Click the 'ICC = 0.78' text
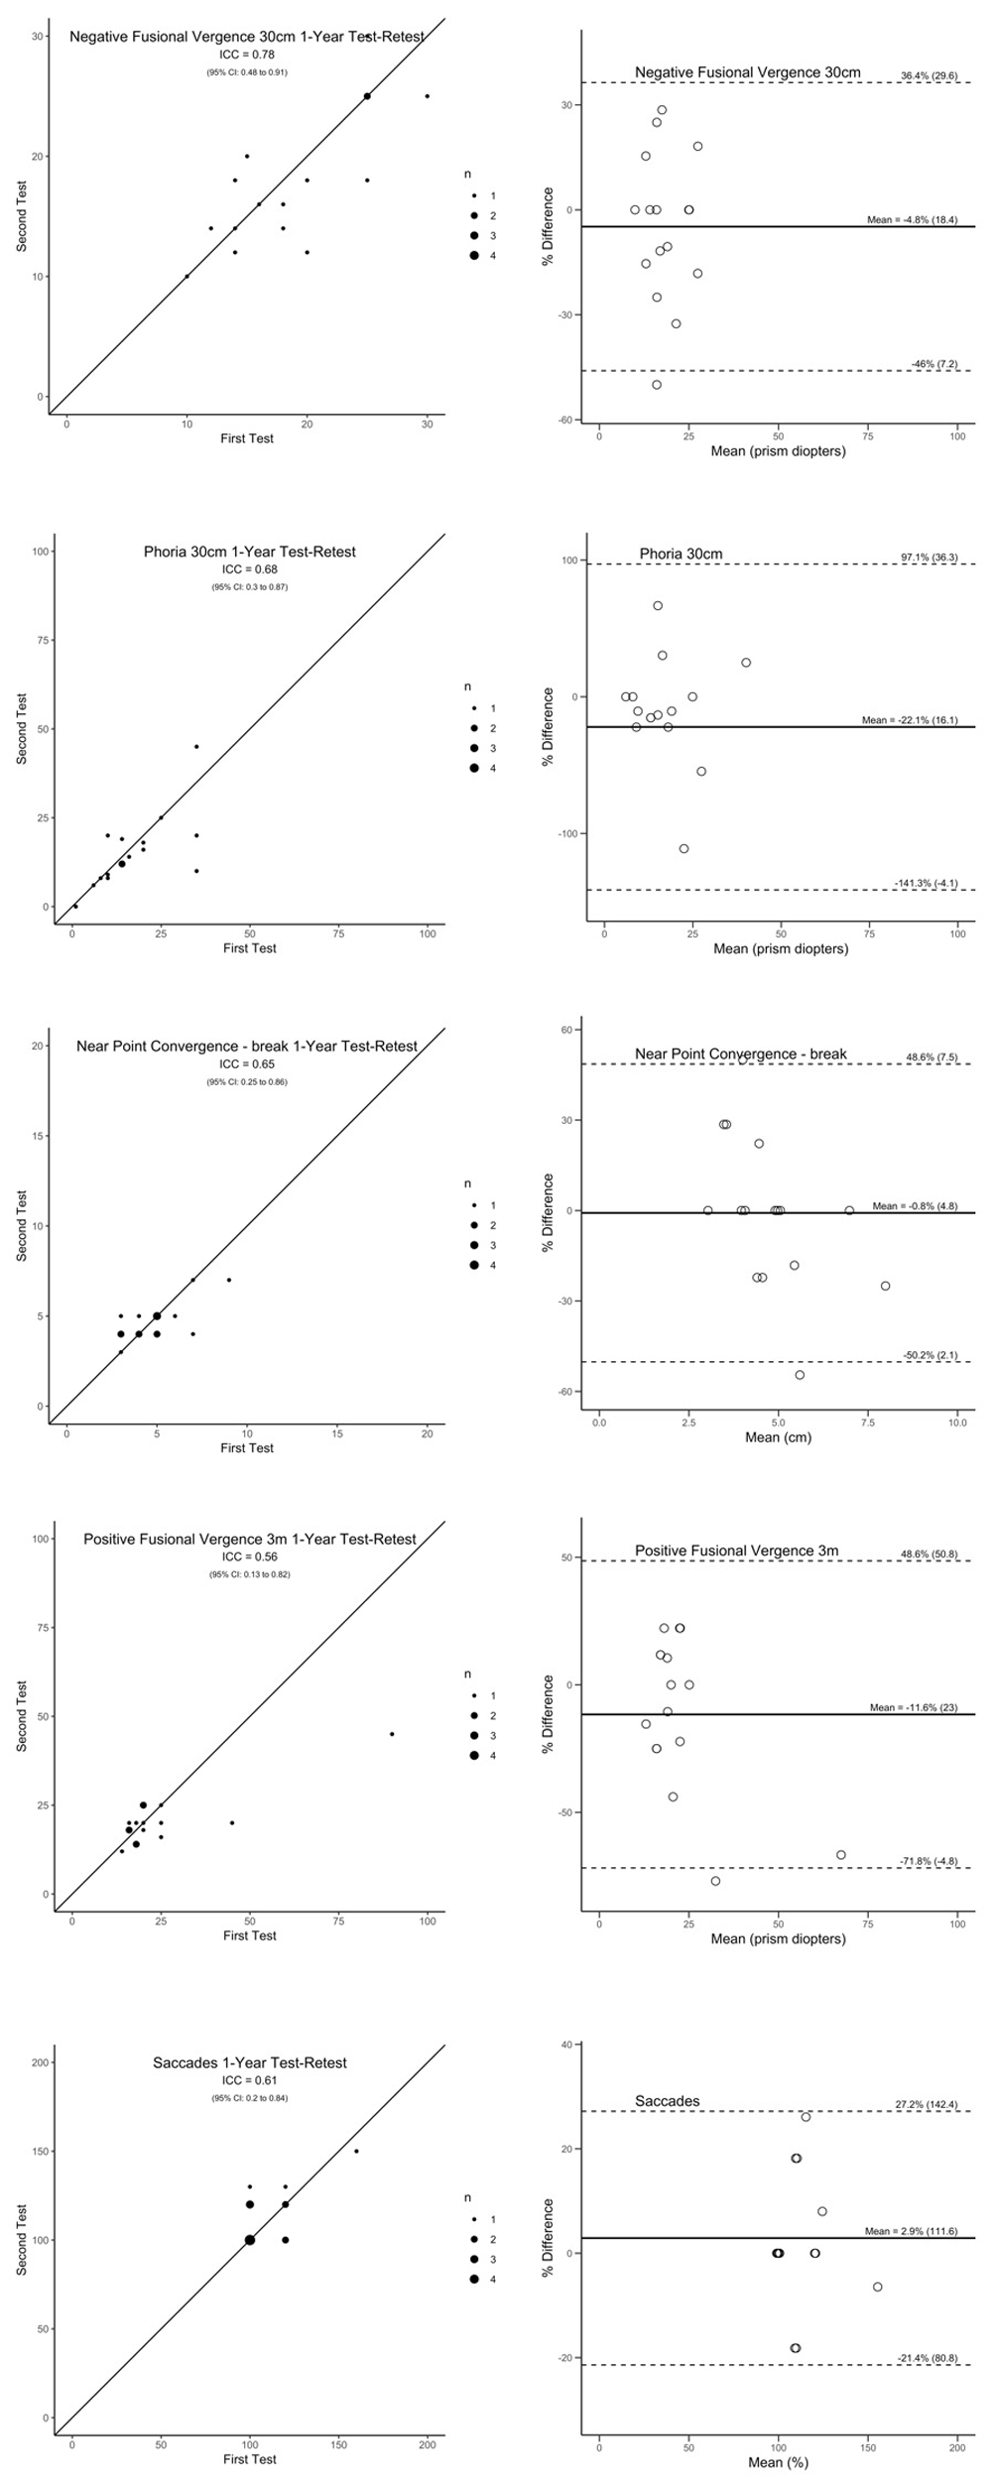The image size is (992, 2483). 248,55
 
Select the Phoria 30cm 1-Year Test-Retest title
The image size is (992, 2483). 249,552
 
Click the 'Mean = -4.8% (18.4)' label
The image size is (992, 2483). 912,219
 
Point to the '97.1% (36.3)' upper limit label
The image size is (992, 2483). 929,558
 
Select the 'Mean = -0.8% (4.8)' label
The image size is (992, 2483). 915,1206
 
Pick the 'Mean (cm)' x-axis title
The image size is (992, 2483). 778,1437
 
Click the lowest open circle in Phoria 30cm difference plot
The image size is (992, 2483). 683,848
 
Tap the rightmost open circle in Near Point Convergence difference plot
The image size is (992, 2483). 885,1286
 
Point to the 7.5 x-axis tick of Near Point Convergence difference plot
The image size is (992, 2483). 867,1423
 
